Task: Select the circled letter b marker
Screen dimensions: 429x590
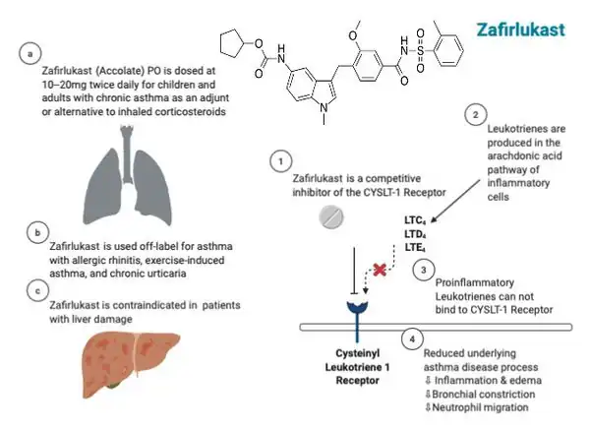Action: [36, 233]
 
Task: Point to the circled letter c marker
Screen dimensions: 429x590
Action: [36, 289]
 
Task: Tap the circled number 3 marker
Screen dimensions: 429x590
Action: [423, 269]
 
